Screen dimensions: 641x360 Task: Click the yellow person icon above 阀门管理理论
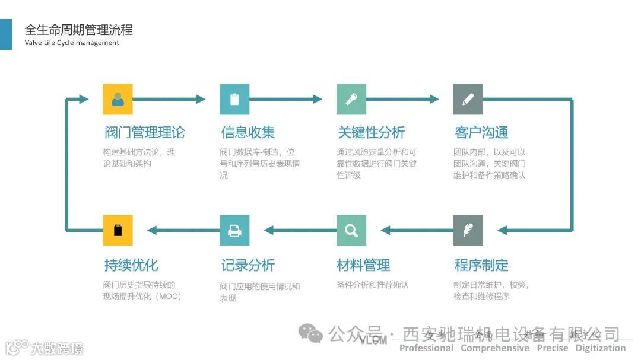click(x=118, y=99)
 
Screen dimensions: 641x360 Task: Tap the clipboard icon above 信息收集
click(x=234, y=99)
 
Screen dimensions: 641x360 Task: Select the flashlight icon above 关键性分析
click(x=351, y=99)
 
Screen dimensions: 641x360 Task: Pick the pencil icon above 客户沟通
click(x=468, y=99)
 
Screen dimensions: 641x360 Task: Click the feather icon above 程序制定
click(x=468, y=230)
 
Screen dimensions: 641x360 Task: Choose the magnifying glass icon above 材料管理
click(x=351, y=230)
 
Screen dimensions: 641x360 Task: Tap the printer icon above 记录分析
click(x=234, y=230)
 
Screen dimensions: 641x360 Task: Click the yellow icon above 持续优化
click(x=118, y=230)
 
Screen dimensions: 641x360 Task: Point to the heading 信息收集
click(x=247, y=132)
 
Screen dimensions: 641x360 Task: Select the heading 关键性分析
click(x=371, y=132)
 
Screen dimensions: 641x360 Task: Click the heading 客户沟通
click(x=481, y=132)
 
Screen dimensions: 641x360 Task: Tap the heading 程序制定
click(x=481, y=265)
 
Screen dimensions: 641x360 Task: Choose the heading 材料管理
click(x=363, y=265)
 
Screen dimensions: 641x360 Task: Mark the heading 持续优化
click(x=131, y=265)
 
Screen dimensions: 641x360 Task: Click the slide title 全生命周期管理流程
click(x=78, y=29)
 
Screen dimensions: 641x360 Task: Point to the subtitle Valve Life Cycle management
click(x=72, y=43)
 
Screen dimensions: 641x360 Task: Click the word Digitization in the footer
click(x=600, y=348)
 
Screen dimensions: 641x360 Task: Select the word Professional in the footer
click(x=426, y=348)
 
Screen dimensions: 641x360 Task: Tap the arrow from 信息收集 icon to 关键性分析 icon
click(x=286, y=99)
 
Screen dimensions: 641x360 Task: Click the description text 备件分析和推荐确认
click(x=372, y=285)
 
